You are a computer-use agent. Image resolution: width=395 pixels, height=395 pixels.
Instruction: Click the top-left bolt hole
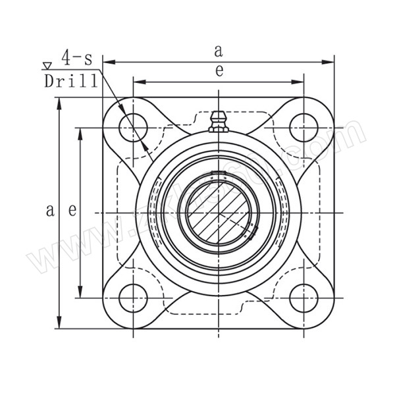pos(134,125)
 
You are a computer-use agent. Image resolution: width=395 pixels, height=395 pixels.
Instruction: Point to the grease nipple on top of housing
pos(219,122)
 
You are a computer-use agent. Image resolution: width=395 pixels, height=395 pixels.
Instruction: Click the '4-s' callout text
pos(77,59)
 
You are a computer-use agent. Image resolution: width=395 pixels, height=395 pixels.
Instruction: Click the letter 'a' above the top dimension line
pos(219,49)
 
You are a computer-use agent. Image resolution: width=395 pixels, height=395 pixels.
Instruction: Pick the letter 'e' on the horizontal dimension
pos(219,71)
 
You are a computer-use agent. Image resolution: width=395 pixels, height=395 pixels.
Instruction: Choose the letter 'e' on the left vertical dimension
pos(72,211)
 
